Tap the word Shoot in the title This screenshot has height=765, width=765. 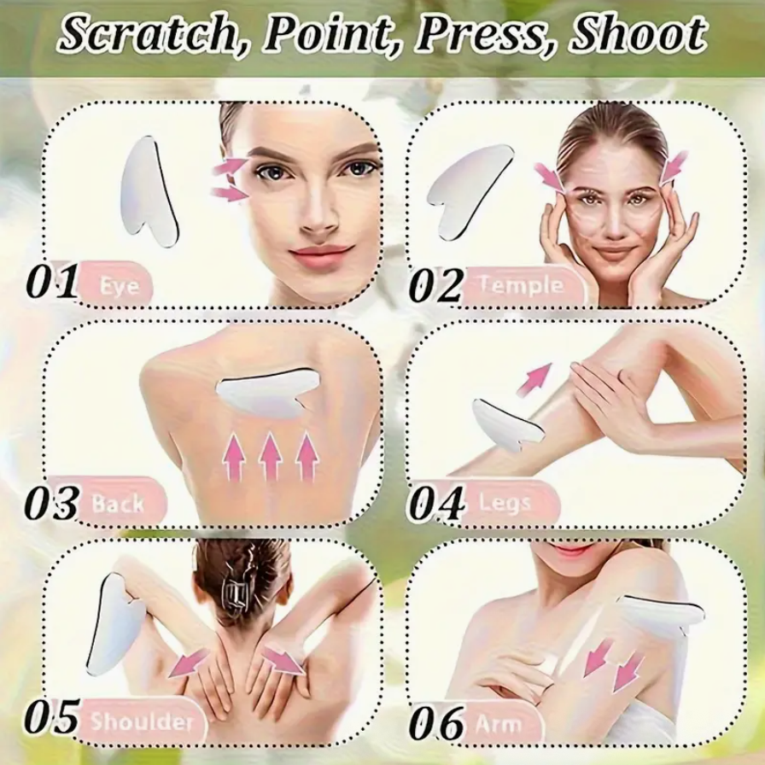[638, 34]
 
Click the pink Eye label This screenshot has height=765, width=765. [116, 284]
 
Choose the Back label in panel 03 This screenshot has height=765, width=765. [119, 502]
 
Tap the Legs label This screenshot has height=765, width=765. [505, 502]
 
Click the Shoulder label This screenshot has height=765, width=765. [142, 721]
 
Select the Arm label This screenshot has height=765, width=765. [499, 724]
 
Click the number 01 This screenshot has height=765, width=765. [51, 283]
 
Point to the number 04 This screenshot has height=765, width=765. [435, 504]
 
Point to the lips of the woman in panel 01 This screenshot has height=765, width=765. [320, 254]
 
